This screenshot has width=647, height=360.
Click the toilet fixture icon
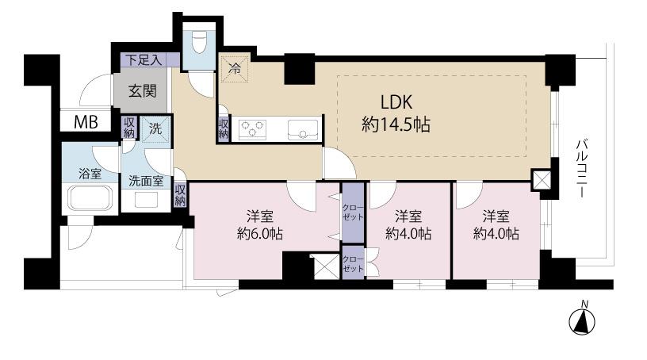pyautogui.click(x=198, y=41)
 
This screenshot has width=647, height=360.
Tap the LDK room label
pyautogui.click(x=396, y=102)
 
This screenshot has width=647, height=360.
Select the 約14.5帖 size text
pyautogui.click(x=396, y=124)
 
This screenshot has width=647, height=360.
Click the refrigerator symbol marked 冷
pyautogui.click(x=235, y=68)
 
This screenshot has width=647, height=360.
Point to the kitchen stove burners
pyautogui.click(x=252, y=129)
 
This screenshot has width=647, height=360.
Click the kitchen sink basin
pyautogui.click(x=303, y=129)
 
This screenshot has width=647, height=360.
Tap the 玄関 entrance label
pyautogui.click(x=143, y=91)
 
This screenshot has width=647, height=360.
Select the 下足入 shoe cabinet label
pyautogui.click(x=144, y=60)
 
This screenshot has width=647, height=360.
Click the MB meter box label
pyautogui.click(x=86, y=122)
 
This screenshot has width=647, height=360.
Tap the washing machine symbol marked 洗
pyautogui.click(x=155, y=128)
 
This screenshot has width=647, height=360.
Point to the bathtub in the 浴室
pyautogui.click(x=90, y=198)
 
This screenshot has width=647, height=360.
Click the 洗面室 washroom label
pyautogui.click(x=146, y=181)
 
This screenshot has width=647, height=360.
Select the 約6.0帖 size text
pyautogui.click(x=259, y=234)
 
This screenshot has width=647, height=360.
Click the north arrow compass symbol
pyautogui.click(x=582, y=319)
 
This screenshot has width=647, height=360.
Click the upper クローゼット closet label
pyautogui.click(x=353, y=213)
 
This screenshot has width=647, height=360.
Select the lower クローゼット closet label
pyautogui.click(x=353, y=264)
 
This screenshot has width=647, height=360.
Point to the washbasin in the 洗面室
pyautogui.click(x=147, y=201)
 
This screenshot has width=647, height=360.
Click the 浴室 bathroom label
pyautogui.click(x=90, y=174)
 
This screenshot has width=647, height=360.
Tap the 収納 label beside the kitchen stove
pyautogui.click(x=224, y=128)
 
